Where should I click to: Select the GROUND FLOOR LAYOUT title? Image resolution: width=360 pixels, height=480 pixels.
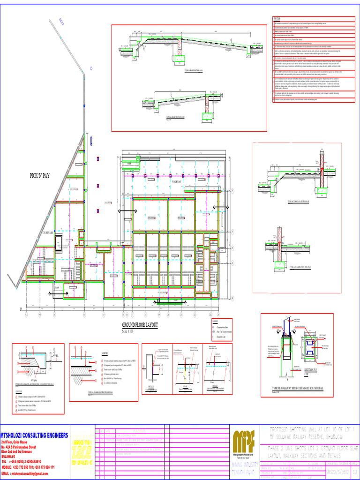pyautogui.click(x=140, y=325)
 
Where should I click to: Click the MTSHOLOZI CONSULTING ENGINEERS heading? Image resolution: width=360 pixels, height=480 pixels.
pyautogui.click(x=34, y=436)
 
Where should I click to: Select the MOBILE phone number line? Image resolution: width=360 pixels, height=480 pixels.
pyautogui.click(x=28, y=467)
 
